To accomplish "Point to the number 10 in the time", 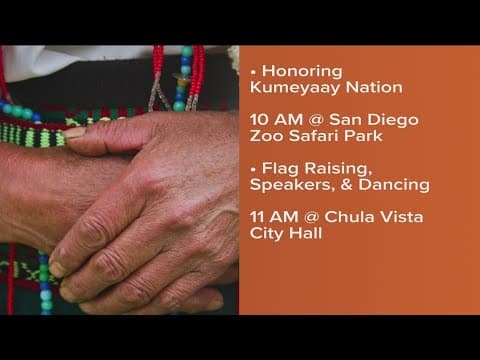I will tap(259, 119).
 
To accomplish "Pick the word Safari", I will tap(309, 135).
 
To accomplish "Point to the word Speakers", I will tap(287, 185).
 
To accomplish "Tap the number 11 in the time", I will tap(257, 217).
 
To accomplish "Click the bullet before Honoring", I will tap(253, 72).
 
